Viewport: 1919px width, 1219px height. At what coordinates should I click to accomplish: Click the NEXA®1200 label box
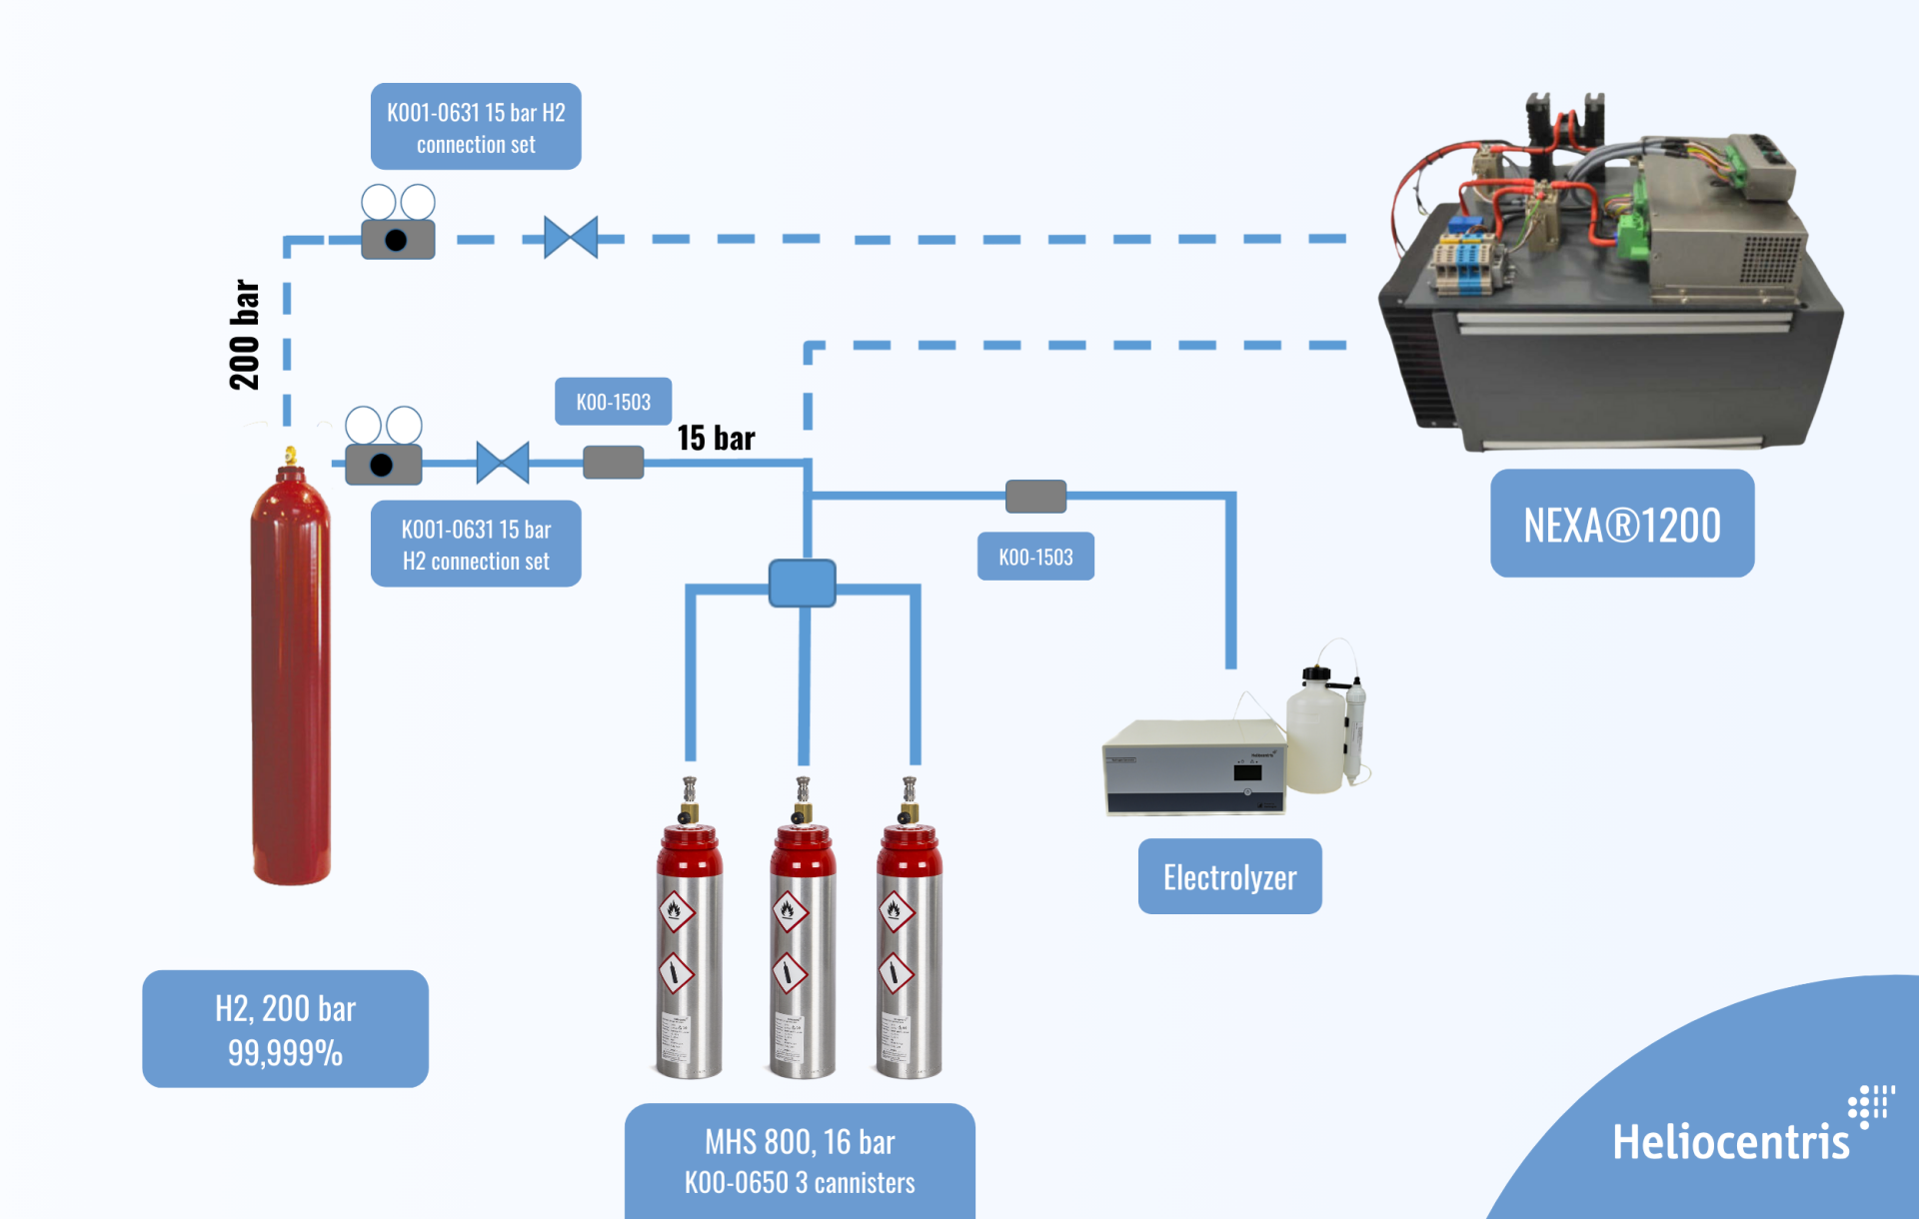[x=1621, y=524]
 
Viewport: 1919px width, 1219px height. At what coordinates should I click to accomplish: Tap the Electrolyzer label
[x=1229, y=876]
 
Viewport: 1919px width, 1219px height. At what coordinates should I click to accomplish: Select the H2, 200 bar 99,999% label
[x=285, y=1028]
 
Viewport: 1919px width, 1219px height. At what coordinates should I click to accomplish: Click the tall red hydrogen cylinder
[x=290, y=679]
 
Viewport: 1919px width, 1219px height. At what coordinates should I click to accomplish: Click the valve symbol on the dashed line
[x=571, y=238]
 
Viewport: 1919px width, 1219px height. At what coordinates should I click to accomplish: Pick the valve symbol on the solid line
[x=502, y=463]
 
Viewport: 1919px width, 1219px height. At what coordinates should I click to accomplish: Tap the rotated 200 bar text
[x=244, y=335]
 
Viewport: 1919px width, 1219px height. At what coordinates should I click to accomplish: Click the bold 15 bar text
[x=716, y=438]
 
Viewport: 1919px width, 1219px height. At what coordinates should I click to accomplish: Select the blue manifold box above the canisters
[x=802, y=583]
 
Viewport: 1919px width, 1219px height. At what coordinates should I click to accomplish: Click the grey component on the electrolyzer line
[x=1035, y=496]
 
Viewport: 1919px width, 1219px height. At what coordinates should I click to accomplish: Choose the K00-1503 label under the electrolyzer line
[x=1035, y=557]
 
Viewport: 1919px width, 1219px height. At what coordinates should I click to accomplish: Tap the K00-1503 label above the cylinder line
[x=613, y=402]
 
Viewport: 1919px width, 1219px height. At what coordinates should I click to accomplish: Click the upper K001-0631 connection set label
[x=476, y=127]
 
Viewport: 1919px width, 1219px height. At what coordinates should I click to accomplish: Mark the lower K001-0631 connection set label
[x=476, y=544]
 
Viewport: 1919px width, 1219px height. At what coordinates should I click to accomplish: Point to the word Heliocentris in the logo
[x=1731, y=1141]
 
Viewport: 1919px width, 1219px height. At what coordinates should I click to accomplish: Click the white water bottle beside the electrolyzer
[x=1317, y=734]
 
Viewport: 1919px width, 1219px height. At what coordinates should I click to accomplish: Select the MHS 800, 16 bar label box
[x=800, y=1161]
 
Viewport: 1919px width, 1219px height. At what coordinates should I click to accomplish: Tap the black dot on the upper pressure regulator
[x=396, y=240]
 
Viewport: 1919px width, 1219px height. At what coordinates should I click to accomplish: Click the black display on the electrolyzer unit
[x=1247, y=772]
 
